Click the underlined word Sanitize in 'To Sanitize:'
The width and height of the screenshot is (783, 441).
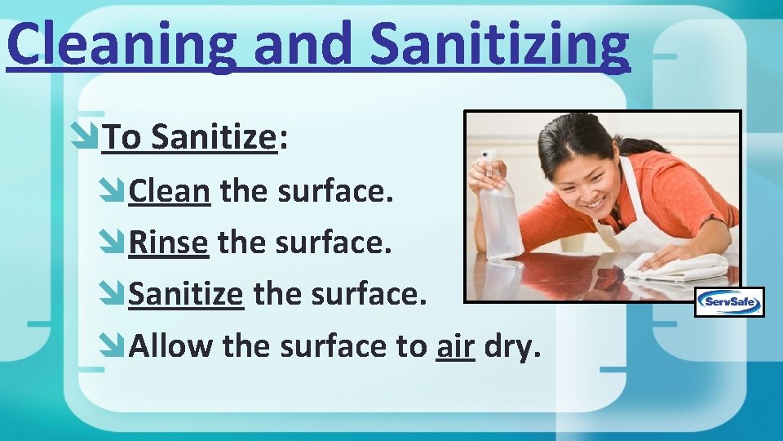215,138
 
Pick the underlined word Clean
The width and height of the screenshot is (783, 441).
170,192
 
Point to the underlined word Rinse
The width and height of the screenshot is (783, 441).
169,243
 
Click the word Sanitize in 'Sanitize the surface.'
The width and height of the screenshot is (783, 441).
186,293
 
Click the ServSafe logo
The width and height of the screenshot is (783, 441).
729,302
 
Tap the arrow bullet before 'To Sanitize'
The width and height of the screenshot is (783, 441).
86,138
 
